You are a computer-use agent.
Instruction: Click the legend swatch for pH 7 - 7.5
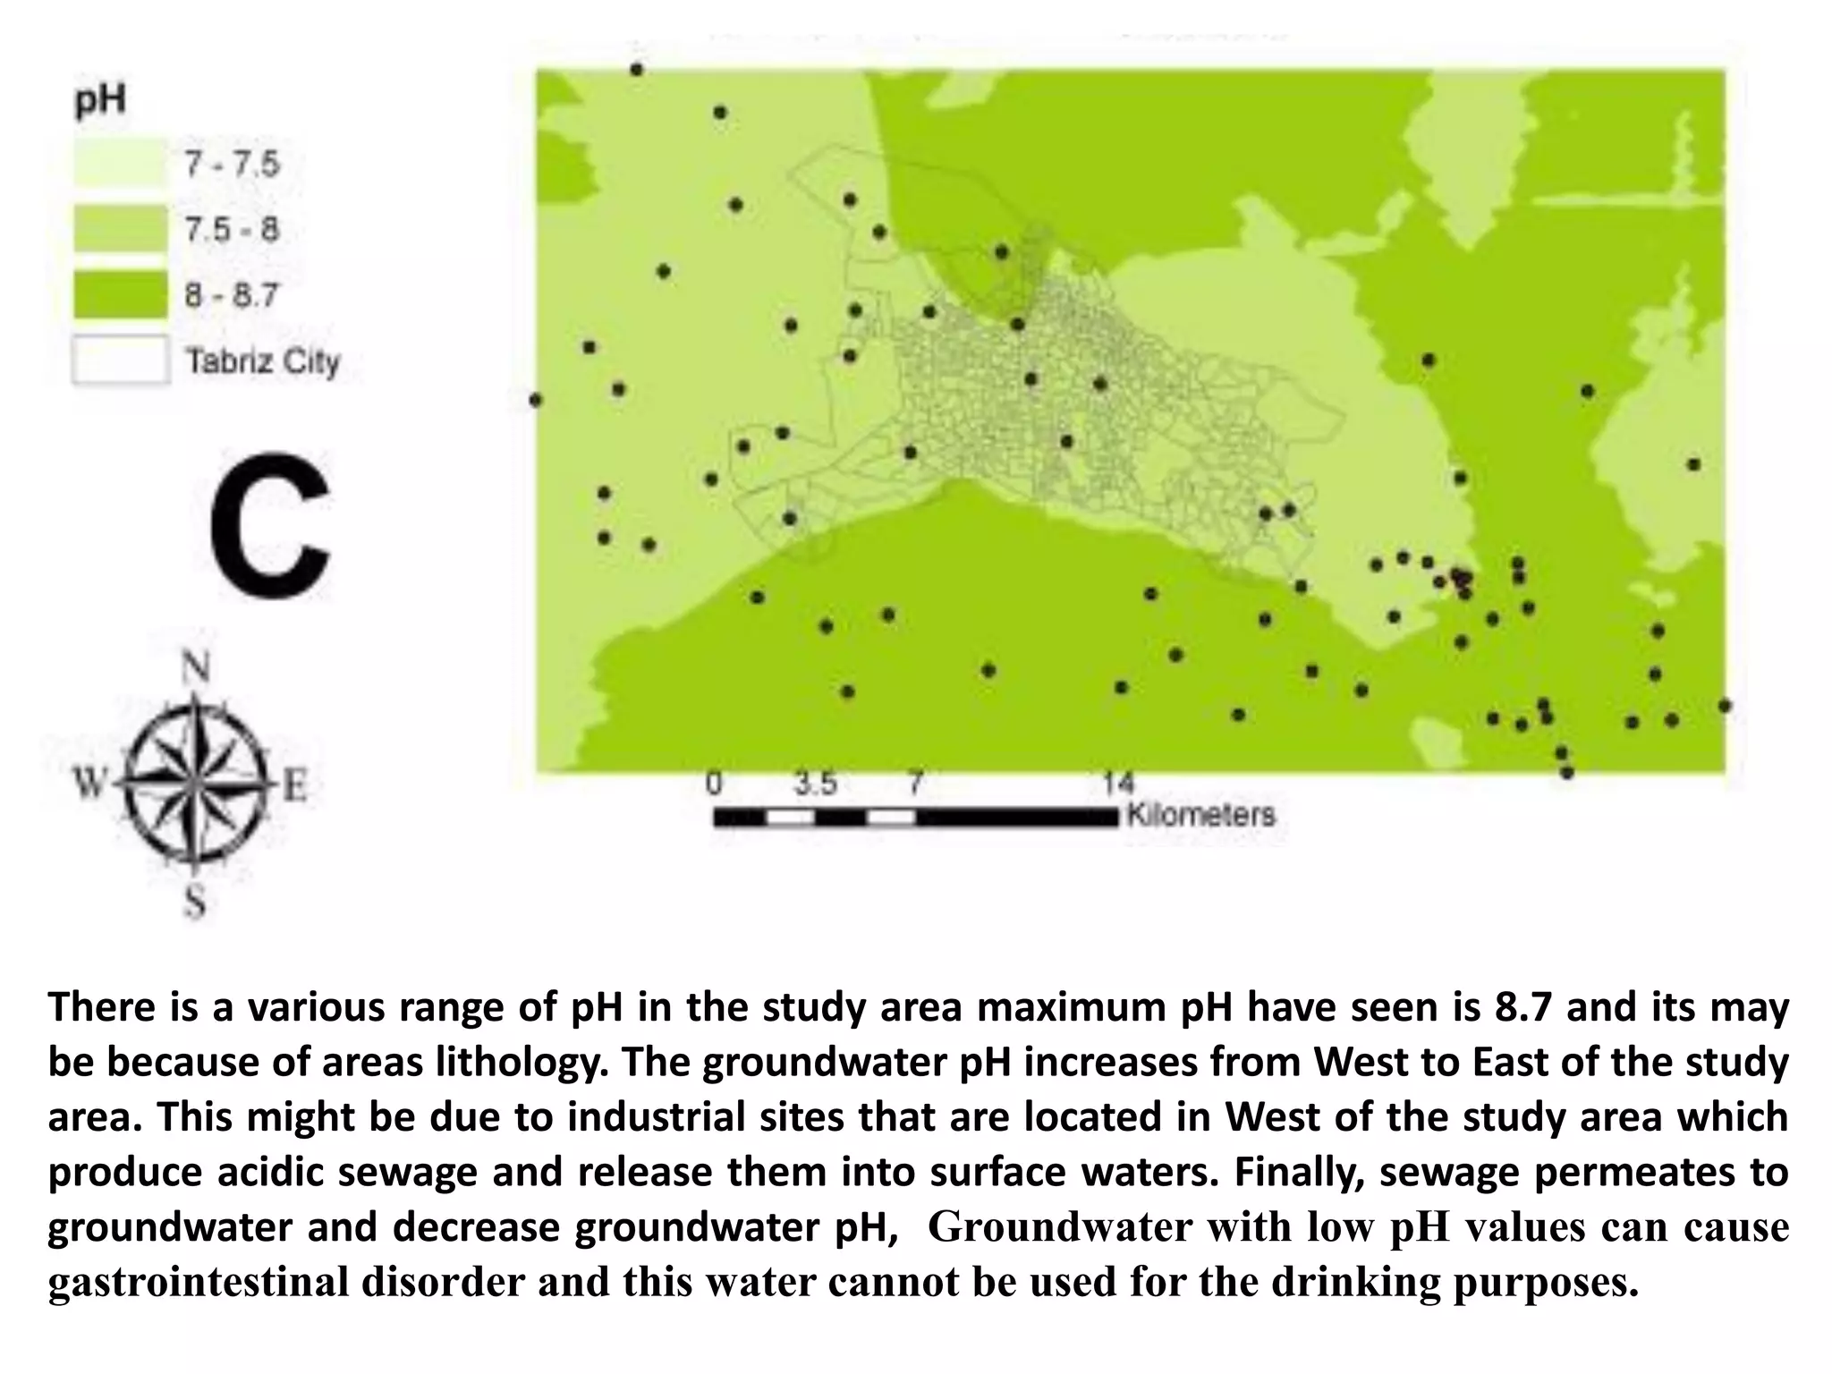point(120,164)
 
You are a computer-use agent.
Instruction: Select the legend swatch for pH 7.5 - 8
point(120,229)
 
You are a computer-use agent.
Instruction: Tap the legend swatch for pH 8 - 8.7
point(120,294)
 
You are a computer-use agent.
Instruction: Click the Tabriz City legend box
point(120,360)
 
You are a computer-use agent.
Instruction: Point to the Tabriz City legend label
point(263,361)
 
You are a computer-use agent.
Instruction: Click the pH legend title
point(99,101)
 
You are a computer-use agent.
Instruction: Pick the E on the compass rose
point(294,786)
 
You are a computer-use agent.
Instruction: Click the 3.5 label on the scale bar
point(816,785)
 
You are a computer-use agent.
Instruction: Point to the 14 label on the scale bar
point(1118,785)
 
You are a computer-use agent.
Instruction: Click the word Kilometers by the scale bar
point(1200,815)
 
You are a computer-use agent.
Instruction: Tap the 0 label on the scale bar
point(714,785)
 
